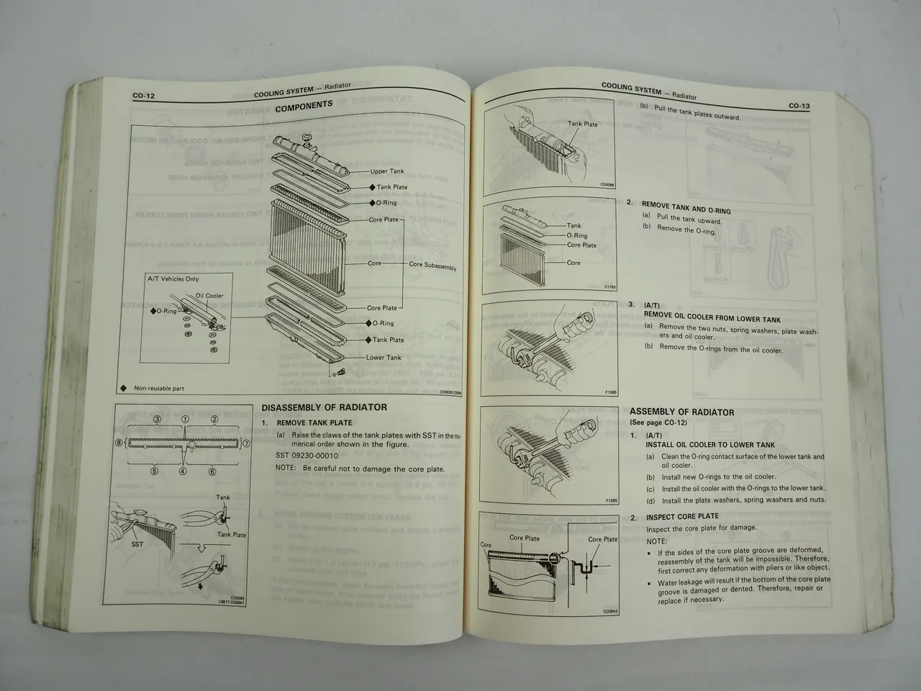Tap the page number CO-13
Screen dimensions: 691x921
799,106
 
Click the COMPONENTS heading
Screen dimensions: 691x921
304,105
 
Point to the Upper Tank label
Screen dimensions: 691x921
387,171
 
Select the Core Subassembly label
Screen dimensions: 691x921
432,266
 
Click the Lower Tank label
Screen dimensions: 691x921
384,358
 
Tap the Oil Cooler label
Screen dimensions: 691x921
209,296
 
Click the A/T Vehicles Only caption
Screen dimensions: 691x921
173,279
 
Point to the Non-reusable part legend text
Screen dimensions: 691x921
158,389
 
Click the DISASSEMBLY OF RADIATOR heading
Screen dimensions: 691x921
324,407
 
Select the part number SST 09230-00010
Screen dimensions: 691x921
307,456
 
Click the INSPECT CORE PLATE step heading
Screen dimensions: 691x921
682,517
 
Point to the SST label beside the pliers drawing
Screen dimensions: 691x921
137,544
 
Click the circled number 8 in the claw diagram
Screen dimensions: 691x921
119,445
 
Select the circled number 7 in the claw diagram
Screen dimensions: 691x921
245,445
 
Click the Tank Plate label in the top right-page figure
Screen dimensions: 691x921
582,124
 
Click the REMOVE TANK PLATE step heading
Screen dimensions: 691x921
314,423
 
